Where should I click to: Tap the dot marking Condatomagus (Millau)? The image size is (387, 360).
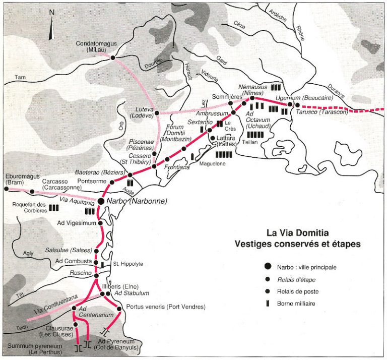[x=112, y=57]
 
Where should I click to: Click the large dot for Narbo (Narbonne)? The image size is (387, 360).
[x=101, y=201]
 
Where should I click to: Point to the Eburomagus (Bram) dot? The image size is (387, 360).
[x=6, y=189]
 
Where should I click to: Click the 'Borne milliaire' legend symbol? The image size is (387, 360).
[x=267, y=303]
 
